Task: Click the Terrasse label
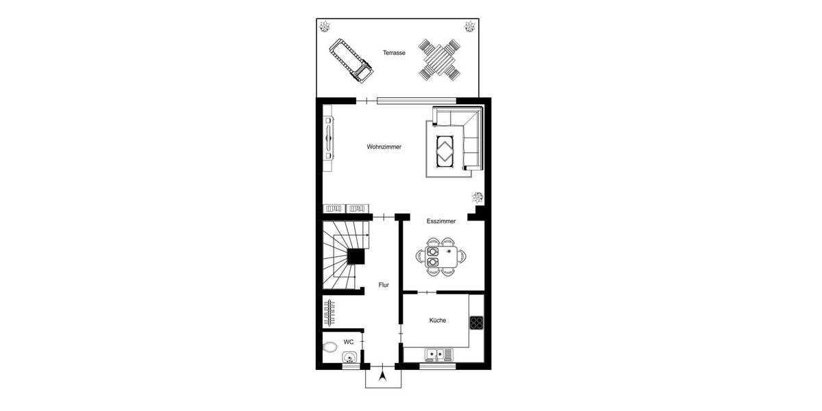point(394,52)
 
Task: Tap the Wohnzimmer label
point(384,147)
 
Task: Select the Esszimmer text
point(441,221)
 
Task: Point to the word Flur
point(384,285)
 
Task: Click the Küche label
point(438,320)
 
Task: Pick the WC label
point(348,341)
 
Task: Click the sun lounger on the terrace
point(350,60)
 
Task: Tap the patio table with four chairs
point(439,60)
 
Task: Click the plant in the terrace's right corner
point(470,27)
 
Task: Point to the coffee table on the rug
point(445,149)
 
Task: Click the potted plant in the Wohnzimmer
point(477,198)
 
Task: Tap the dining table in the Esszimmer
point(441,256)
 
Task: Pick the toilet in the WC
point(330,346)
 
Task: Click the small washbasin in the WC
point(349,358)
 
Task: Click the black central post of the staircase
point(356,256)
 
